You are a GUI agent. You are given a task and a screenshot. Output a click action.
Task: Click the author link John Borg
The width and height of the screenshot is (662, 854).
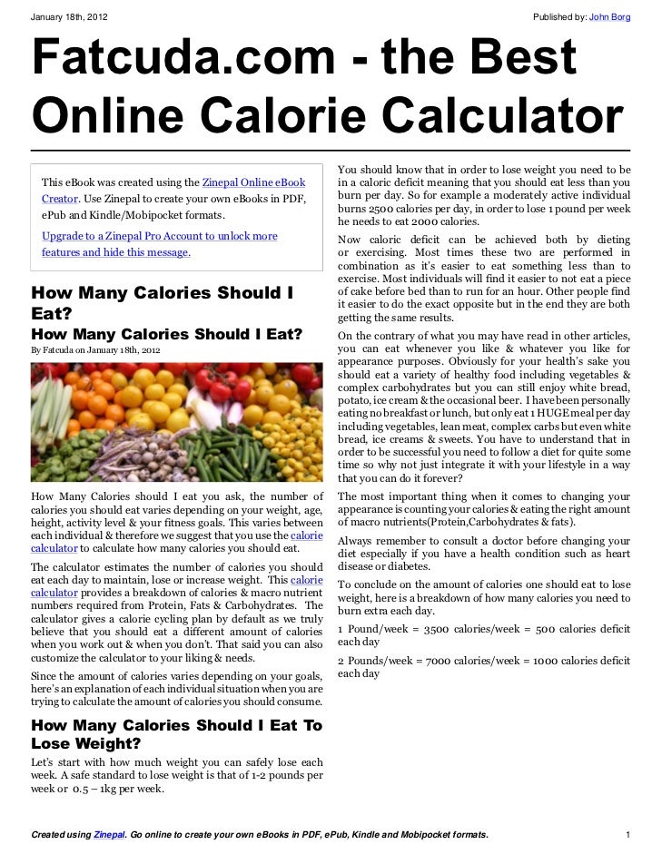[x=609, y=17]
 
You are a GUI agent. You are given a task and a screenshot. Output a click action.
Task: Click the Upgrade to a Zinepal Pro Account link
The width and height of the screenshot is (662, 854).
[x=160, y=236]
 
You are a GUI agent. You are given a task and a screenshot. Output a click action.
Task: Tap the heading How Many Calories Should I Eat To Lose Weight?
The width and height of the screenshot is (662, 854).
[x=176, y=734]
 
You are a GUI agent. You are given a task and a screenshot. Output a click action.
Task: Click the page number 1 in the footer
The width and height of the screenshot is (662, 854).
[x=627, y=834]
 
